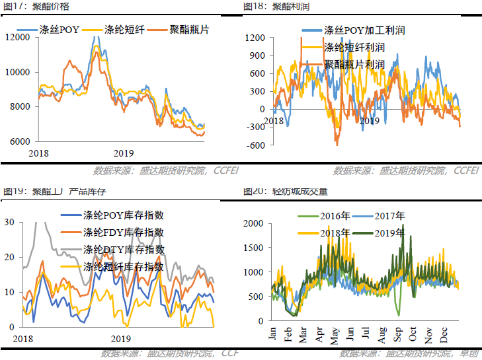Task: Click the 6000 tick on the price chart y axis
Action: point(20,141)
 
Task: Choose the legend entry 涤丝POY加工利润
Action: point(364,30)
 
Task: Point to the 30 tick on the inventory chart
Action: point(9,223)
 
